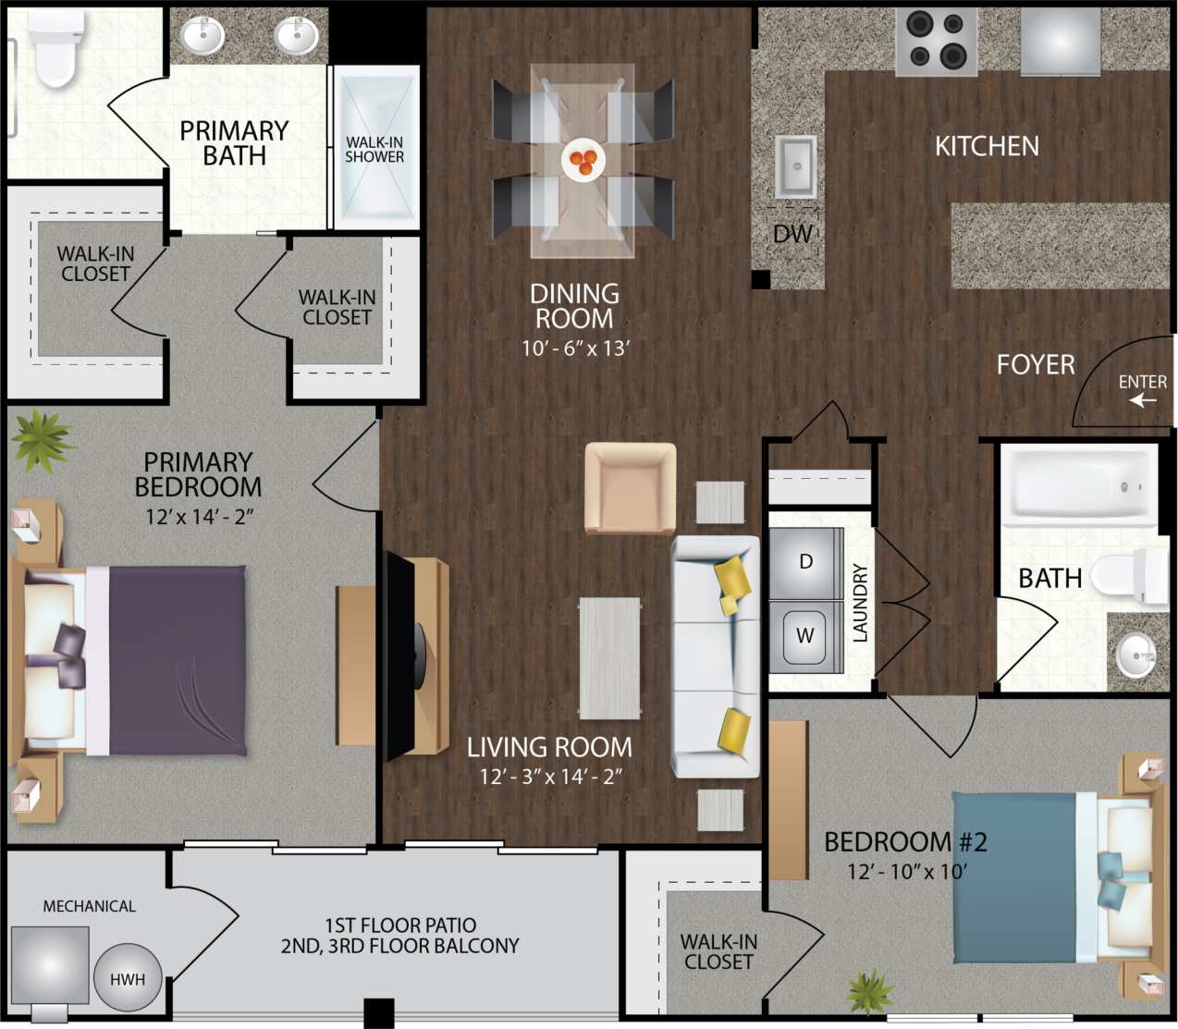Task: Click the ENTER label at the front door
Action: [1142, 382]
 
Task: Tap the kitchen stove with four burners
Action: [936, 41]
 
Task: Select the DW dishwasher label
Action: [792, 235]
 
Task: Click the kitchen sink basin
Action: [795, 166]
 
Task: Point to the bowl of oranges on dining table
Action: [583, 160]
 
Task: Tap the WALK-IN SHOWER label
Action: [374, 150]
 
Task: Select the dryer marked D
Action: [805, 562]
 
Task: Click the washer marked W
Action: [805, 636]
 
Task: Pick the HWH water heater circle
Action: [128, 979]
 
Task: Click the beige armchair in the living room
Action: [630, 487]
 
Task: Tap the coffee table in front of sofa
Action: [609, 657]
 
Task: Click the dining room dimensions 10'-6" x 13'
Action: [574, 349]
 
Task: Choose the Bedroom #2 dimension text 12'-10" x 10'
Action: [906, 872]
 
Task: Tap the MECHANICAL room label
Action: [89, 907]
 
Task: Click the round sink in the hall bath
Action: [1135, 655]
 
